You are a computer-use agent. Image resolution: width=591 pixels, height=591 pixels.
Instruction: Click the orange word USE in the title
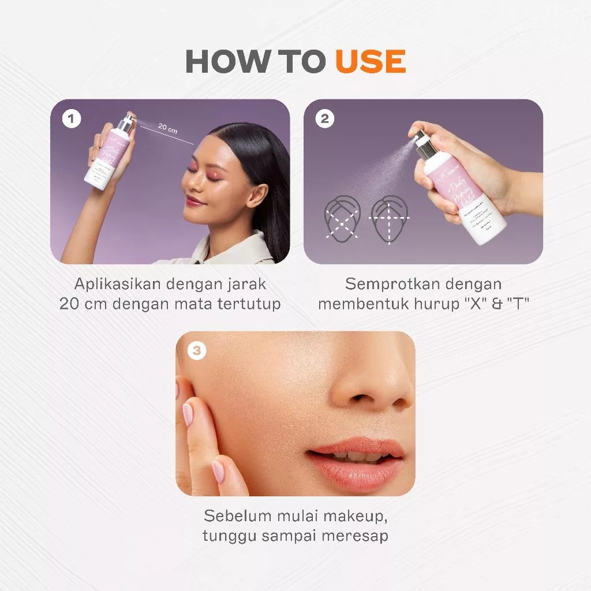point(371,61)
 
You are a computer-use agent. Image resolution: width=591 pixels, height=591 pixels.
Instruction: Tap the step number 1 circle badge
point(72,119)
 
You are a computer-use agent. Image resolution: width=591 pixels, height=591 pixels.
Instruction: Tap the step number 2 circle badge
point(325,119)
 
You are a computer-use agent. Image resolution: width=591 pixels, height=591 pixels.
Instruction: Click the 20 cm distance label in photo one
point(167,129)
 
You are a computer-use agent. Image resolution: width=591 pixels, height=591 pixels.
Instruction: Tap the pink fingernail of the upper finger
point(188,414)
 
